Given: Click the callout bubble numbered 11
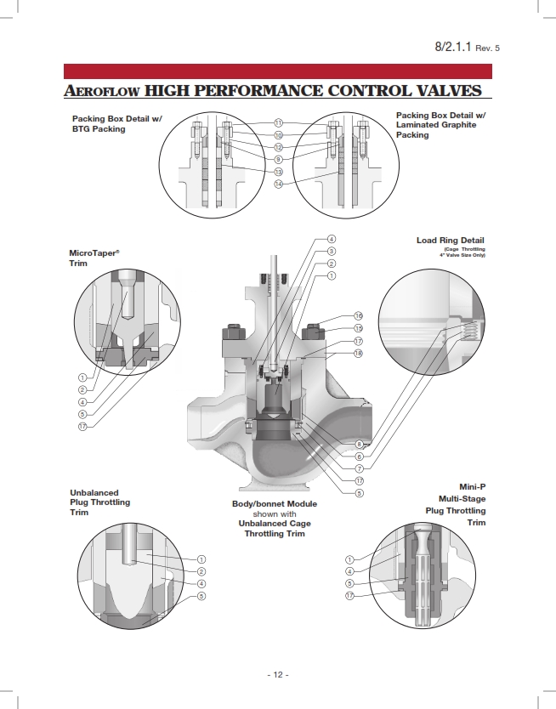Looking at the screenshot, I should pyautogui.click(x=278, y=123).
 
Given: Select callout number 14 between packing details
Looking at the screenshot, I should pyautogui.click(x=278, y=184).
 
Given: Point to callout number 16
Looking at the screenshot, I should pyautogui.click(x=358, y=315).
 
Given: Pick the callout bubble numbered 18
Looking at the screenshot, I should pyautogui.click(x=358, y=353).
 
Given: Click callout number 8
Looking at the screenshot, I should pyautogui.click(x=359, y=444).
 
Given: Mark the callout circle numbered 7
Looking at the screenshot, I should pyautogui.click(x=359, y=468).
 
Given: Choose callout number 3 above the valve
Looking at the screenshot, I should pyautogui.click(x=332, y=251).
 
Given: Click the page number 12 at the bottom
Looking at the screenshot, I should pyautogui.click(x=278, y=674).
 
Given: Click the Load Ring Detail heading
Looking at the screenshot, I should pyautogui.click(x=450, y=241).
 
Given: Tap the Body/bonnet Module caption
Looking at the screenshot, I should pyautogui.click(x=275, y=504).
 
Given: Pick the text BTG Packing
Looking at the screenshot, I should pyautogui.click(x=99, y=129).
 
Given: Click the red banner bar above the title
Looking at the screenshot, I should pyautogui.click(x=278, y=71).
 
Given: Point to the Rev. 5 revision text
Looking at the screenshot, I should pyautogui.click(x=487, y=48).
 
